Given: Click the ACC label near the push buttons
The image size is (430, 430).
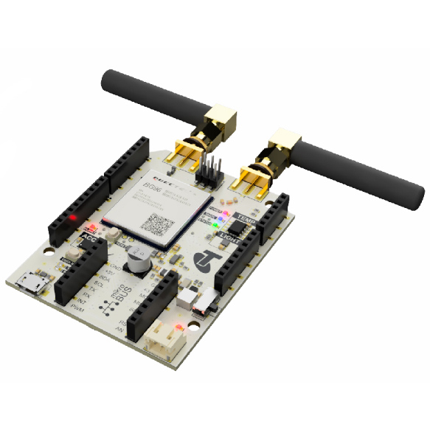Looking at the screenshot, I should coord(89,237).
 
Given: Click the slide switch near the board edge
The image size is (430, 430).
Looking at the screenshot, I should coord(197,299).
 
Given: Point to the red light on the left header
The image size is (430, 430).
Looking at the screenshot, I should coord(74,218).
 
